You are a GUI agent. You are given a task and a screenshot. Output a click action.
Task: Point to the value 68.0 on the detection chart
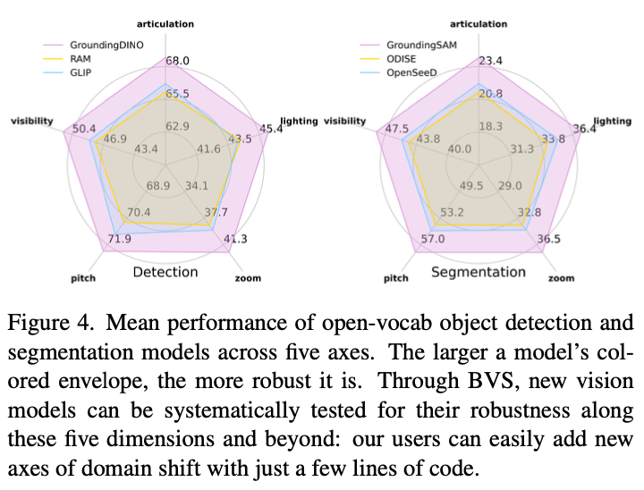[177, 62]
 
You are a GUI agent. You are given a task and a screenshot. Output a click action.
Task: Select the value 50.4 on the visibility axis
[85, 130]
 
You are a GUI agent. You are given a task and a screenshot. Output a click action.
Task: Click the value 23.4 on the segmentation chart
[490, 62]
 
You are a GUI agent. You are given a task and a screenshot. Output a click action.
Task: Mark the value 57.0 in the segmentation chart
[433, 241]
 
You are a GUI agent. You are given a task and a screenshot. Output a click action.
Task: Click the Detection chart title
[165, 272]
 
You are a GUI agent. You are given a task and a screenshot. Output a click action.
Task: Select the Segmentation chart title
[479, 272]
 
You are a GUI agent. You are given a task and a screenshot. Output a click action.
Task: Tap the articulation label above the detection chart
[165, 24]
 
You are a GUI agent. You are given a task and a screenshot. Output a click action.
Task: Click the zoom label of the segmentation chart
[561, 278]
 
